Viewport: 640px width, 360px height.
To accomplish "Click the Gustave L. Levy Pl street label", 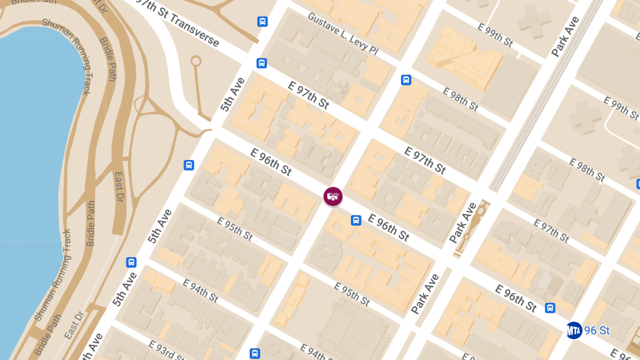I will [342, 34].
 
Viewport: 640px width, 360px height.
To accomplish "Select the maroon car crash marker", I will [333, 196].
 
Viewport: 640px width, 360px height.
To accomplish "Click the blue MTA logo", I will [574, 331].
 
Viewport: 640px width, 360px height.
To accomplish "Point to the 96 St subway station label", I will [597, 331].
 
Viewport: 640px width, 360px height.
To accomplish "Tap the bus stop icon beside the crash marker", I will [356, 220].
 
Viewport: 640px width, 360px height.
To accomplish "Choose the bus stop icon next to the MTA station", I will [550, 308].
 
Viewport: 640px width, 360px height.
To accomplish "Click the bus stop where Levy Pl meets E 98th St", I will [406, 80].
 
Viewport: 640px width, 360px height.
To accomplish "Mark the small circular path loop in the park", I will [196, 60].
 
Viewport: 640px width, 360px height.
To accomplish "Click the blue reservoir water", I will [32, 160].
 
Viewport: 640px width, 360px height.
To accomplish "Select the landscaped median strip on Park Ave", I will [469, 227].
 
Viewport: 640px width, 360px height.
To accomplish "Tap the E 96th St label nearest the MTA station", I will [516, 298].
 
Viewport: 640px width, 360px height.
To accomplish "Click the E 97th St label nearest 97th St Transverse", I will [308, 95].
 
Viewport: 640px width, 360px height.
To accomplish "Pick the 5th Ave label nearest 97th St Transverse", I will [233, 94].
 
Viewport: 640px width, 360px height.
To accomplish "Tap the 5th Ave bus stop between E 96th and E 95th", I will [189, 165].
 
